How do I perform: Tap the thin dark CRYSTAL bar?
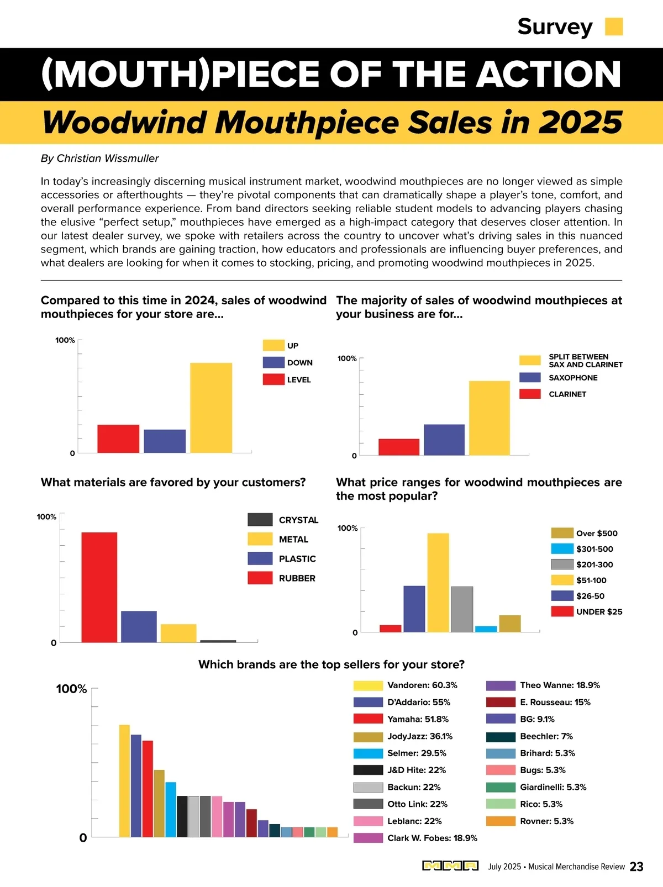(218, 641)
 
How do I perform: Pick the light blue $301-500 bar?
(486, 629)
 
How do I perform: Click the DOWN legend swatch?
(273, 362)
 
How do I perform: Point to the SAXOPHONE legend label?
(573, 378)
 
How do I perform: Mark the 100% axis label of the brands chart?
(71, 689)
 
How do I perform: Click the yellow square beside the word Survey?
(614, 27)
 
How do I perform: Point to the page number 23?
(636, 867)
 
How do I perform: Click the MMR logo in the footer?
(450, 866)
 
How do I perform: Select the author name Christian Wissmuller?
(108, 159)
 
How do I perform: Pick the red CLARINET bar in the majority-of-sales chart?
(399, 447)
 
